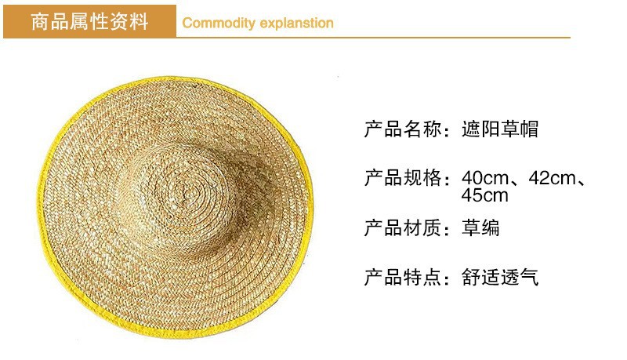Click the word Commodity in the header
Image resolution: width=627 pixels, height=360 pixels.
(x=219, y=24)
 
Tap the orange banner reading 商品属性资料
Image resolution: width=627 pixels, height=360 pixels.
(x=89, y=22)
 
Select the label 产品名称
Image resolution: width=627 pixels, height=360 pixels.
(x=403, y=129)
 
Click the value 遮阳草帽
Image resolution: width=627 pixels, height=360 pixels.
(x=500, y=129)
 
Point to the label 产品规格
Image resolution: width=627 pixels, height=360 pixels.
(x=403, y=178)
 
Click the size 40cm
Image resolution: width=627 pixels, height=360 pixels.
(x=485, y=178)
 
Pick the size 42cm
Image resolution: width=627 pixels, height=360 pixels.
(x=553, y=178)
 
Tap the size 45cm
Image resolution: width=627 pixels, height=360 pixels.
(x=485, y=195)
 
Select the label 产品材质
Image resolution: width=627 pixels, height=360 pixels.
(x=403, y=227)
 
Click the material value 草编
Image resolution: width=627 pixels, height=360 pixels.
(x=480, y=227)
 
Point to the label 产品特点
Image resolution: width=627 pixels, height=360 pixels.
(x=403, y=277)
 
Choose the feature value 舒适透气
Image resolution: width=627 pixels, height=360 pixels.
(x=500, y=277)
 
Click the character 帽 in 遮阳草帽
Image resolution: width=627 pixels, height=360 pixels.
(x=529, y=129)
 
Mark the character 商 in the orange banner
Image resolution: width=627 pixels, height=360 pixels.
(x=40, y=22)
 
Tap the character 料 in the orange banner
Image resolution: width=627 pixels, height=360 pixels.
(x=139, y=22)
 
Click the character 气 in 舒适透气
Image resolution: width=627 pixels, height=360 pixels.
(x=529, y=277)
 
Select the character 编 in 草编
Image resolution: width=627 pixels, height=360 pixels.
(x=491, y=227)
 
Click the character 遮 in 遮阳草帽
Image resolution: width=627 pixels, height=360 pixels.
(x=471, y=129)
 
